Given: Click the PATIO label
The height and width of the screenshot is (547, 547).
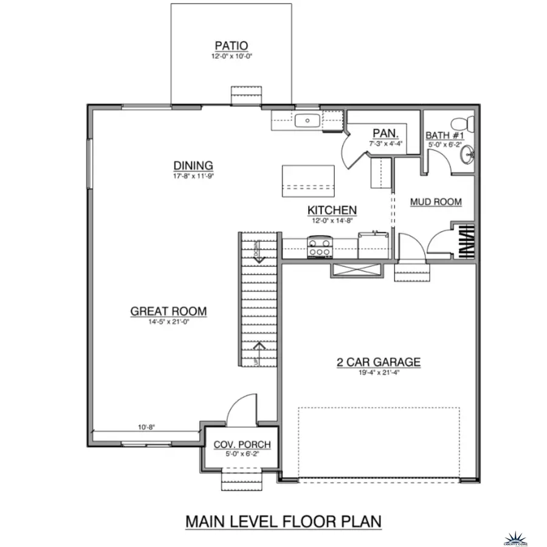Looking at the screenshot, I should (231, 46).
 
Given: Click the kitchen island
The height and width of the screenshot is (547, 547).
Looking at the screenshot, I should (308, 181).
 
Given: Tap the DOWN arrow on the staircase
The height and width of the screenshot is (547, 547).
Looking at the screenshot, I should (259, 258).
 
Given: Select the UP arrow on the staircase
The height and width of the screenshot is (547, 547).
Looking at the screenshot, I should (259, 346).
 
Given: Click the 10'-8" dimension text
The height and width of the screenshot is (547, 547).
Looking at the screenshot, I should (146, 427).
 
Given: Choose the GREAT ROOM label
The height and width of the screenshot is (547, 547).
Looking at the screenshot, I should (168, 312).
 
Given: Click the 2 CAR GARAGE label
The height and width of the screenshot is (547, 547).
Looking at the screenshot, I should (379, 363).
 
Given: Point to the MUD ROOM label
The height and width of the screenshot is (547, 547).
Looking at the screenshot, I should (436, 202).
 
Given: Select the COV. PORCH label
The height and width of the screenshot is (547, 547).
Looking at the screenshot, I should (242, 445).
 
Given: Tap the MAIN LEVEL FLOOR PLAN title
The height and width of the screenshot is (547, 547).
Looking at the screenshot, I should (283, 521).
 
